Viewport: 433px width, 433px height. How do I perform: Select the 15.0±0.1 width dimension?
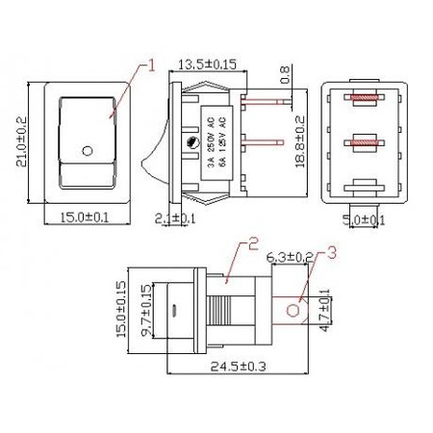point(83,217)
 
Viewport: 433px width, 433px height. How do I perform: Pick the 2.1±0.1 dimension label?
point(176,218)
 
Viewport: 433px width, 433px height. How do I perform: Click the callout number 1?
point(151,66)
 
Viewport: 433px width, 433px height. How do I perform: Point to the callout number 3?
point(332,253)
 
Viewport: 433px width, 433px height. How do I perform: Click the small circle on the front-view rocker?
point(89,151)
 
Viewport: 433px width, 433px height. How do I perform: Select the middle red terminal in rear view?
point(364,142)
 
